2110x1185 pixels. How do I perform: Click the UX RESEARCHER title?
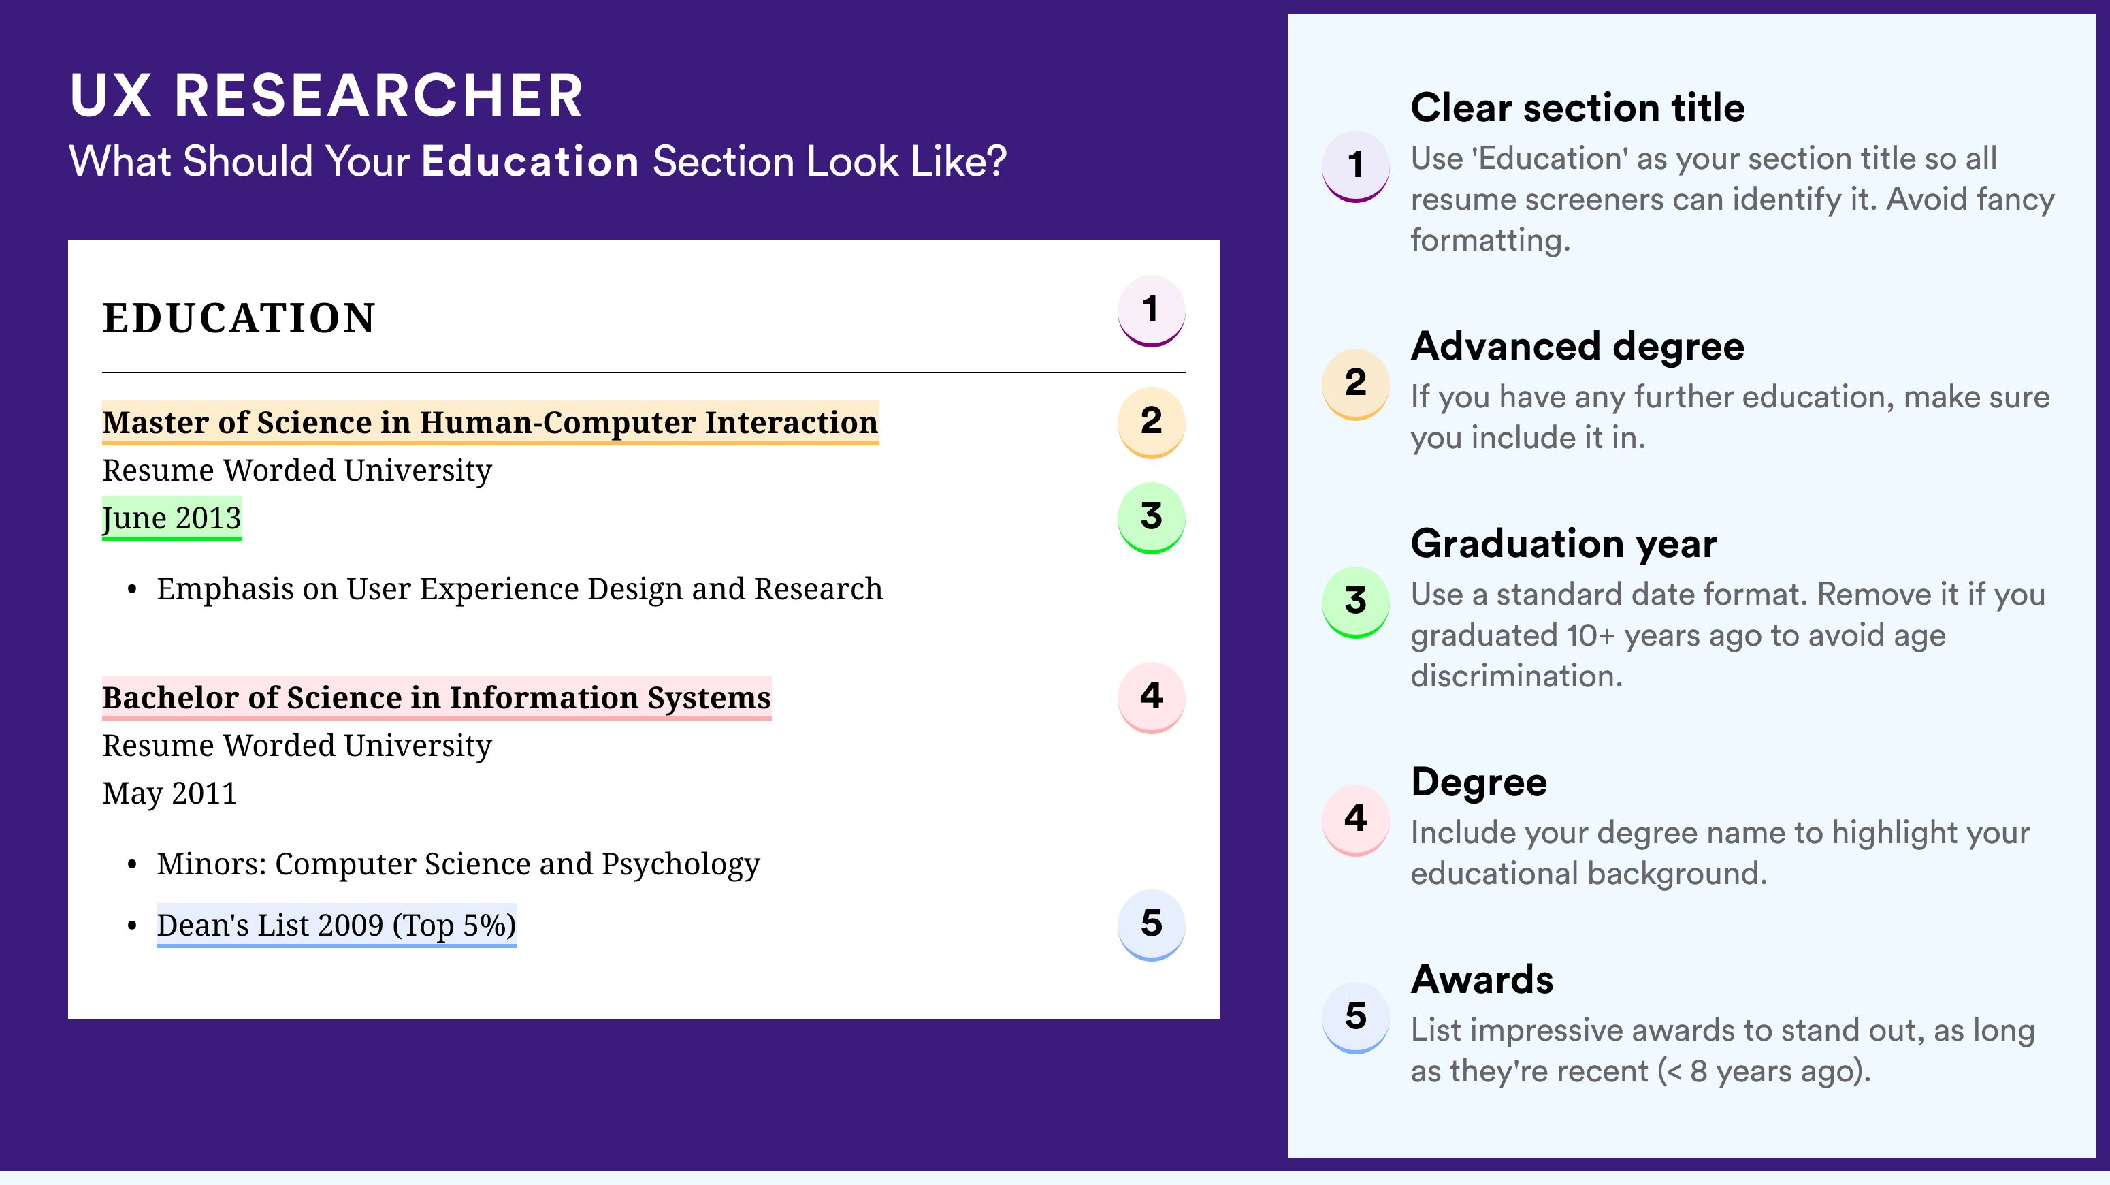[x=326, y=95]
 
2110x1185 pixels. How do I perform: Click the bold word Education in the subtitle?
[x=530, y=161]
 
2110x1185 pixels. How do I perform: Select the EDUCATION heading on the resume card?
[x=238, y=318]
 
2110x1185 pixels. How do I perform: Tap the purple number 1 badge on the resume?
[x=1151, y=311]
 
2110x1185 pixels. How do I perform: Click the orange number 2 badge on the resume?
[x=1151, y=422]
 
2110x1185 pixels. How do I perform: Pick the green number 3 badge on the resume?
[x=1151, y=518]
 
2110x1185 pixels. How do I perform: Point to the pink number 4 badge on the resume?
[x=1151, y=697]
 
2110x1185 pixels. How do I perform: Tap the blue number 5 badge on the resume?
[x=1151, y=926]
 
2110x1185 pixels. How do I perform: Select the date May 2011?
[x=169, y=793]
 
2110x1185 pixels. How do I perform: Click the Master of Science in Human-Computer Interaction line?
[x=490, y=423]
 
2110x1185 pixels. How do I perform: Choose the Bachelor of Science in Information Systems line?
[x=436, y=698]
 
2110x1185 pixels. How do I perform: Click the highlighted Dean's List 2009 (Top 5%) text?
[x=337, y=926]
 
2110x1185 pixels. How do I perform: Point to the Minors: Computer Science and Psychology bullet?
[x=459, y=865]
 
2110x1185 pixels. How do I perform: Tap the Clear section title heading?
[x=1578, y=108]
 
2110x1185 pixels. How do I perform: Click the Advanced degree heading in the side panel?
[x=1578, y=347]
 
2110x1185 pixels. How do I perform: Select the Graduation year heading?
[x=1563, y=544]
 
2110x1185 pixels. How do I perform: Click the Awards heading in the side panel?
[x=1482, y=979]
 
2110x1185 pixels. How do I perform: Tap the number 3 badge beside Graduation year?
[x=1356, y=601]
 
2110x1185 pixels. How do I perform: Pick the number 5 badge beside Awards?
[x=1356, y=1017]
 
